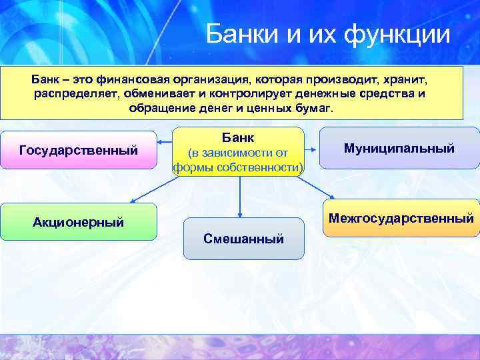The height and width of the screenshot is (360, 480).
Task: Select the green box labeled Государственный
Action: (79, 151)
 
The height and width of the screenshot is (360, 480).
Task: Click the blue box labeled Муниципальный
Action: (399, 148)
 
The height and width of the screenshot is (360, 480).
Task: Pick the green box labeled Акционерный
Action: (79, 221)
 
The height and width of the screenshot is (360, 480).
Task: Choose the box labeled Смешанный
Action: (243, 238)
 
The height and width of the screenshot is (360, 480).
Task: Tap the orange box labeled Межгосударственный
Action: (401, 218)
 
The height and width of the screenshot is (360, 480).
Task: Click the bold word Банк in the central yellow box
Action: (238, 137)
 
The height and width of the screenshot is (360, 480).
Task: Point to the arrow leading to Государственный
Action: (165, 142)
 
